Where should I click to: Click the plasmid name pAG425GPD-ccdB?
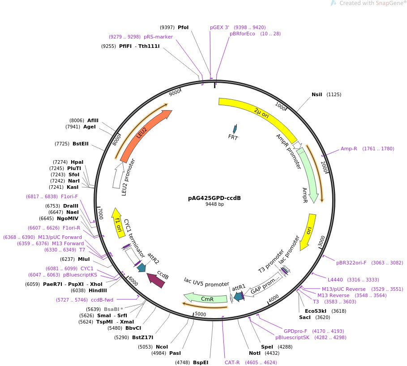tap(214, 198)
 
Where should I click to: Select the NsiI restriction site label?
tap(317, 94)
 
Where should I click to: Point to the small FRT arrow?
tap(234, 129)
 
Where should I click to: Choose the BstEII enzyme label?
tap(81, 144)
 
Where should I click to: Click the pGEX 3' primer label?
tap(219, 27)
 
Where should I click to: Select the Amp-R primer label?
tap(349, 149)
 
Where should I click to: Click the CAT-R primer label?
tap(232, 362)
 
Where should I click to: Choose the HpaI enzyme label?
tap(77, 162)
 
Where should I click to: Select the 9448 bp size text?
tap(214, 204)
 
